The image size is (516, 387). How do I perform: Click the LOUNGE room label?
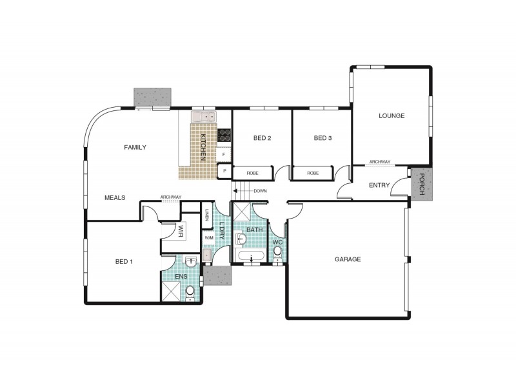tap(391, 116)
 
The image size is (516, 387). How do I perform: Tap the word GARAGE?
tap(347, 259)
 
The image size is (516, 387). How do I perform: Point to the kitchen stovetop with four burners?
tap(224, 135)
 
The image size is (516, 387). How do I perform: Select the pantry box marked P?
tap(224, 171)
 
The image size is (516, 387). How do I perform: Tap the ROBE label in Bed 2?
tap(252, 173)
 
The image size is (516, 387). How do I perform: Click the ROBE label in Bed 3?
tap(313, 173)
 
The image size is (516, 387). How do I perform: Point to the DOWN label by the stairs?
tap(260, 191)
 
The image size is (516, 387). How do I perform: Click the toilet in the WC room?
tap(277, 252)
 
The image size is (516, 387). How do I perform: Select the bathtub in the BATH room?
tap(250, 259)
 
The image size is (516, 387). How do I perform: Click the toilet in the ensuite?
tap(190, 293)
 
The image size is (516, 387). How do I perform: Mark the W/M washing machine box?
tap(208, 237)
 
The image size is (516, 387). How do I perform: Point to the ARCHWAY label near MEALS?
tap(171, 197)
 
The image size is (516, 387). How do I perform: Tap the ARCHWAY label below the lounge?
tap(380, 163)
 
